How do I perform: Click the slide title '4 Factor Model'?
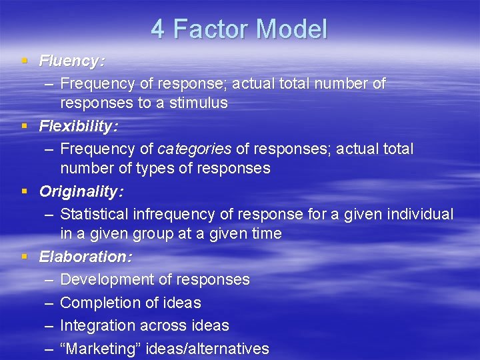(x=239, y=29)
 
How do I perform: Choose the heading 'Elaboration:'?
(x=85, y=257)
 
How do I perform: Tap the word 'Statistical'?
(x=94, y=214)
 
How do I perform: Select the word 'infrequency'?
(x=171, y=214)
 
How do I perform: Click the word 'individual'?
(x=419, y=214)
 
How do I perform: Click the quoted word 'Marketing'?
(x=98, y=348)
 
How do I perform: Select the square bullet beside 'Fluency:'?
(x=24, y=61)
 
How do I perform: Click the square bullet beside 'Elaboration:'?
(x=24, y=257)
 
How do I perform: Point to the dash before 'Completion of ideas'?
(x=49, y=303)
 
